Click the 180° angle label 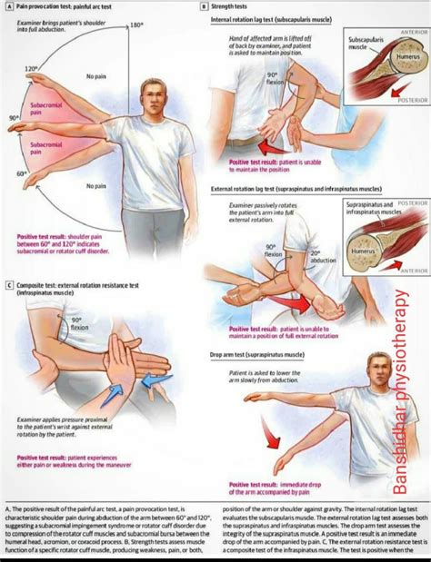pyautogui.click(x=137, y=25)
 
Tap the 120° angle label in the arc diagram pyautogui.click(x=31, y=69)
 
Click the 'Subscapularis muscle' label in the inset pyautogui.click(x=362, y=47)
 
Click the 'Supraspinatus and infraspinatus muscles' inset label pyautogui.click(x=374, y=210)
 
